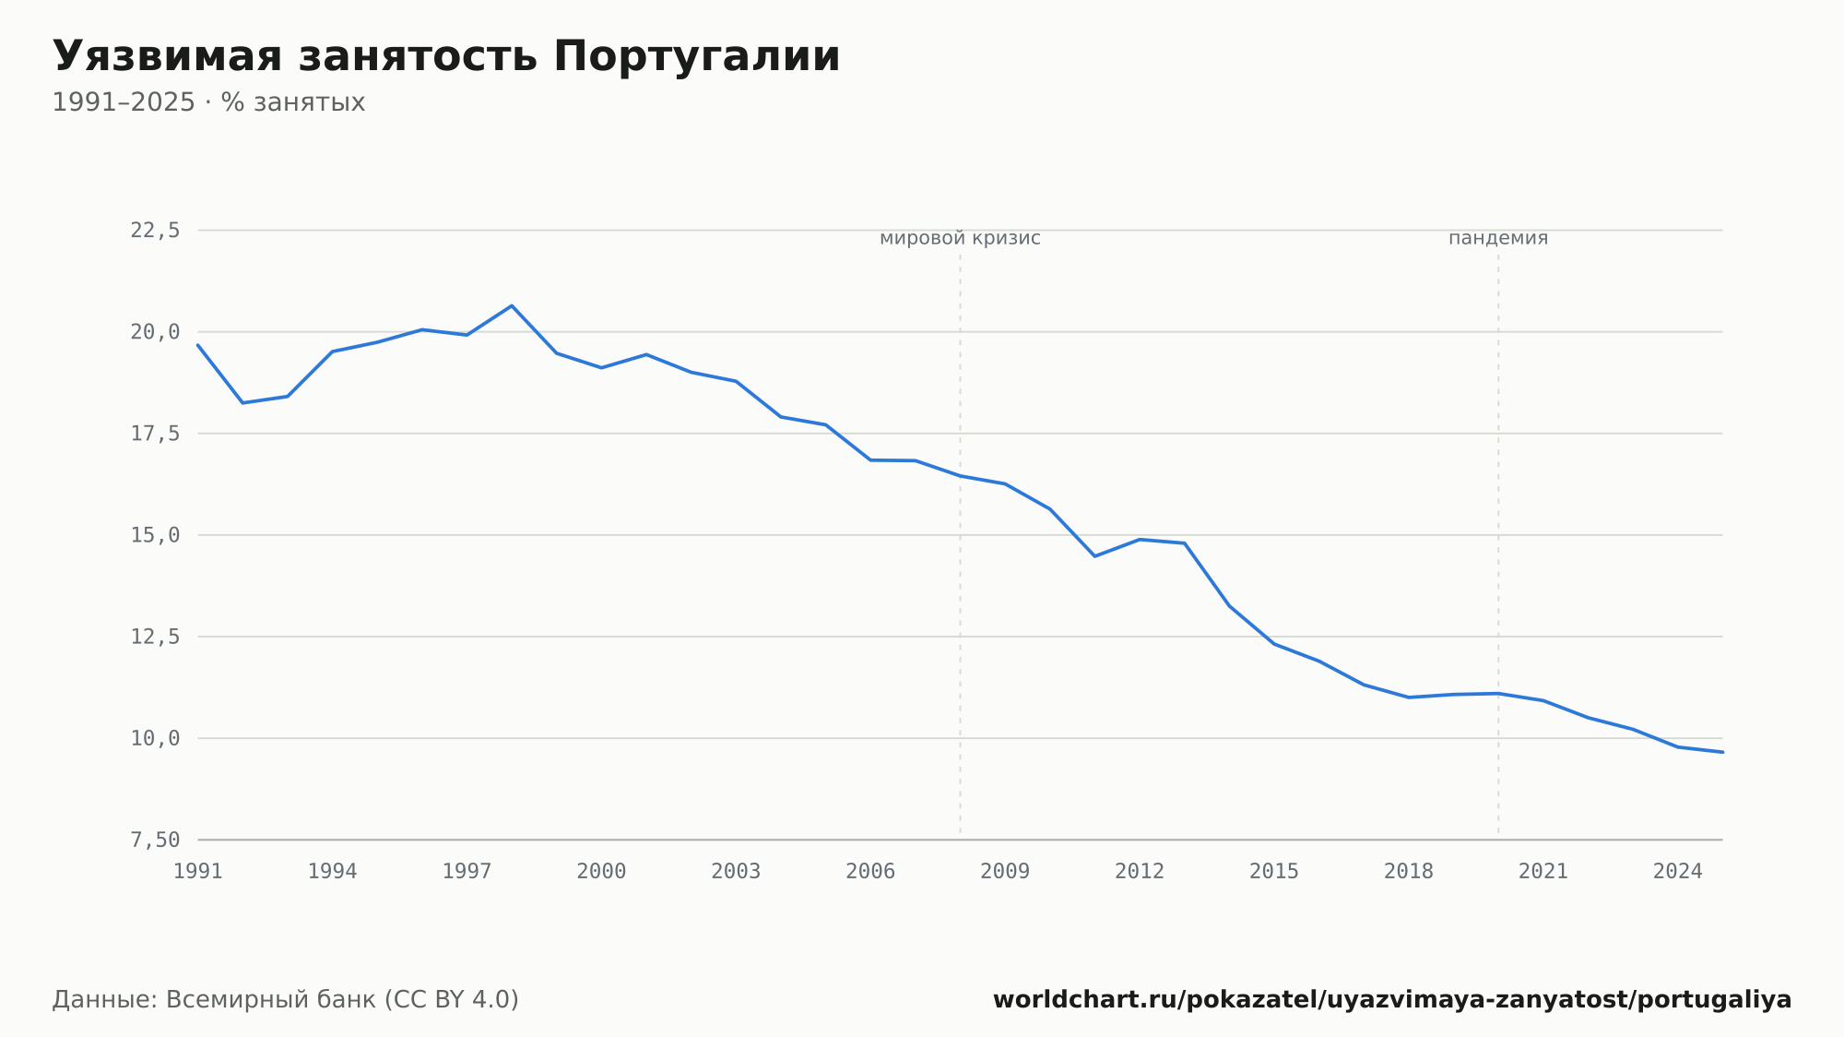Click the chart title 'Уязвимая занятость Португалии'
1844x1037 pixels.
pos(446,57)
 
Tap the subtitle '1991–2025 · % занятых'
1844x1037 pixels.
pos(208,102)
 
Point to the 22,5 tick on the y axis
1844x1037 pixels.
pos(155,231)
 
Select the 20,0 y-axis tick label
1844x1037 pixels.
pos(155,332)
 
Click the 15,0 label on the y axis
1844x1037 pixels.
pos(155,535)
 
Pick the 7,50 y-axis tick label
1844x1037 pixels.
pos(155,840)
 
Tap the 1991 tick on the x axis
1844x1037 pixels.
pos(198,872)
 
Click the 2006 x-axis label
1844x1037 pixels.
pos(870,872)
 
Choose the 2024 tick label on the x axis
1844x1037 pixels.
pos(1678,872)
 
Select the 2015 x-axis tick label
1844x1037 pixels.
pos(1274,872)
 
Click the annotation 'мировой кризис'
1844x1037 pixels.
pos(960,238)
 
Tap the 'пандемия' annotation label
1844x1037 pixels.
pos(1498,238)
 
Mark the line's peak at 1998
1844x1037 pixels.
pos(512,305)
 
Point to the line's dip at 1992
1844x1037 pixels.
pos(242,402)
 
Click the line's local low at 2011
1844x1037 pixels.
pos(1094,556)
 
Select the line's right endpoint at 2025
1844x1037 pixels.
pos(1722,752)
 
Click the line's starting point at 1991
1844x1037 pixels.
pos(198,345)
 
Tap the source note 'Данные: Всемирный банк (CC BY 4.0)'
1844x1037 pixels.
pos(286,1000)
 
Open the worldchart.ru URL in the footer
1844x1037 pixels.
pos(1392,1000)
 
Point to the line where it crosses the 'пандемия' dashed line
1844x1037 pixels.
pos(1498,693)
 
